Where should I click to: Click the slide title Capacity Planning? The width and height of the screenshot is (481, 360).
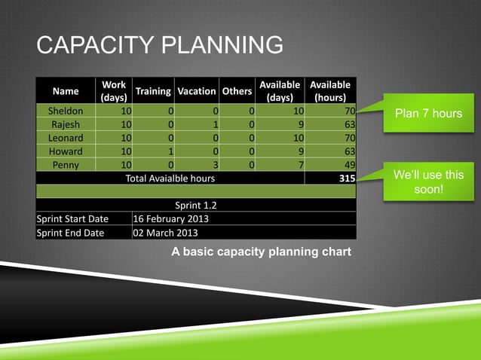(x=160, y=45)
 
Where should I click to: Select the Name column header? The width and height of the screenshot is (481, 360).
(x=66, y=91)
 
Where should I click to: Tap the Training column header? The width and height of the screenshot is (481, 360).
(x=152, y=91)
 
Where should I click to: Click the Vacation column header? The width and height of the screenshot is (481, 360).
(x=196, y=91)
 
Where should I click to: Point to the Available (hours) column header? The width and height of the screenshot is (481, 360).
(x=330, y=91)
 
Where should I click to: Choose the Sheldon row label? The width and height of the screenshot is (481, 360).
(x=66, y=111)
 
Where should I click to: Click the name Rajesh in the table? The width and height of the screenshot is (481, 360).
(x=66, y=124)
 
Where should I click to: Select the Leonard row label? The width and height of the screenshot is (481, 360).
(x=66, y=138)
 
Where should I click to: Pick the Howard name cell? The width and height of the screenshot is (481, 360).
(x=66, y=151)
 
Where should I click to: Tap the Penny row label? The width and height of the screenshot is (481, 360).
(x=66, y=165)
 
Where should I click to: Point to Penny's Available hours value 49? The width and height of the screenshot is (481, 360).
(x=348, y=165)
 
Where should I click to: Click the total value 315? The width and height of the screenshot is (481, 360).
(x=344, y=178)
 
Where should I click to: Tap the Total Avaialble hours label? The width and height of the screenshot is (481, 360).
(x=170, y=178)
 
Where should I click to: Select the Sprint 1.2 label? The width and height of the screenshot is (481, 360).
(x=196, y=205)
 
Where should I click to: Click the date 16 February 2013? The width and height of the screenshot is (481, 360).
(x=170, y=219)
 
